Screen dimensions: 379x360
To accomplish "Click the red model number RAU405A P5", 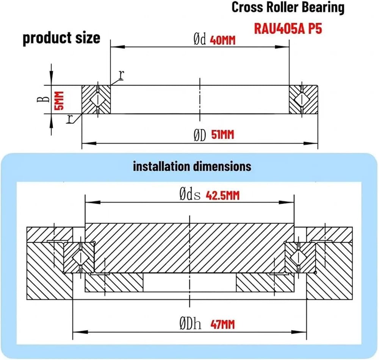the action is tap(288, 29).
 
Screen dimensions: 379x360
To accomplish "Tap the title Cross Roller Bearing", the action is tap(288, 8).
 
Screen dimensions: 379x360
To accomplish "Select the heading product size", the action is tap(61, 38).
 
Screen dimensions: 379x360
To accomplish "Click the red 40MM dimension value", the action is tap(222, 41).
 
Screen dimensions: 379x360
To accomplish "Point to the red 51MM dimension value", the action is tap(223, 135).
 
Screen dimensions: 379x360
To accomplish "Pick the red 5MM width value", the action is tap(59, 100).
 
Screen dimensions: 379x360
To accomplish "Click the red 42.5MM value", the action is tap(222, 196).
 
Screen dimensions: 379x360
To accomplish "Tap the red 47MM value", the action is tap(222, 324).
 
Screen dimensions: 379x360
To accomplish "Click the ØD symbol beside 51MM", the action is tap(200, 135).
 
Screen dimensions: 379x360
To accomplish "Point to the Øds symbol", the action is tap(190, 194).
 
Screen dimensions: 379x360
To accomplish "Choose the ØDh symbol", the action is tap(190, 324).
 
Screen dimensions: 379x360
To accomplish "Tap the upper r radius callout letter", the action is tap(121, 75).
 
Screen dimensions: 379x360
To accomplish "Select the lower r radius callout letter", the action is tap(70, 119).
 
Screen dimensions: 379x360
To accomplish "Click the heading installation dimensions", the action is tap(192, 167).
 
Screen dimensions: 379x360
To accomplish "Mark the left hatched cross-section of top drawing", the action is tap(96, 100).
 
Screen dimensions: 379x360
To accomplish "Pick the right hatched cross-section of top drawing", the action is tap(303, 100).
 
